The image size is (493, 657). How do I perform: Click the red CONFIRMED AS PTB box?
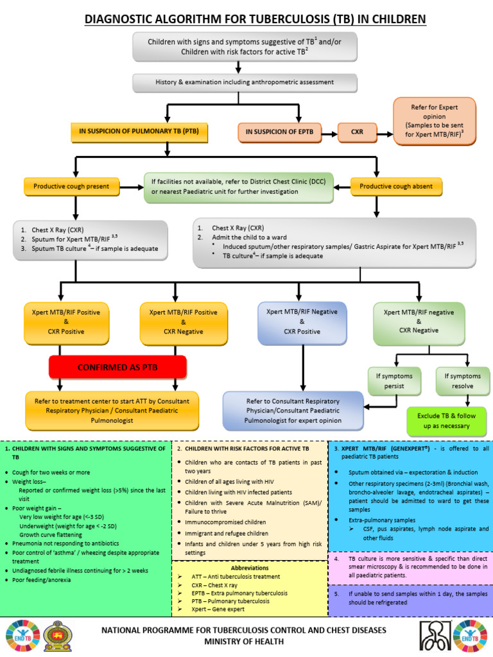(117, 368)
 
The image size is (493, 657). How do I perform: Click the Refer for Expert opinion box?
(435, 122)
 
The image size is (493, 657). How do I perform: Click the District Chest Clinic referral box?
(246, 186)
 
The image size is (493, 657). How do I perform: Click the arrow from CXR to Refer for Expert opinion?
(386, 134)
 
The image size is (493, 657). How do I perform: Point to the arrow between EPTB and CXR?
(328, 134)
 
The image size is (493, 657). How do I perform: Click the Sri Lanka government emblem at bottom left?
(54, 635)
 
